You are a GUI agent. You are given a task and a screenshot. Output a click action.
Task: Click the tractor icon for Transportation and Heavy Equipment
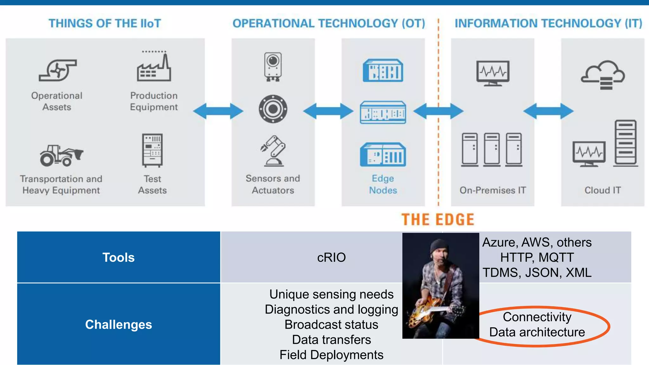[61, 155]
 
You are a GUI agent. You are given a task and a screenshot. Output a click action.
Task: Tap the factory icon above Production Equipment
[154, 67]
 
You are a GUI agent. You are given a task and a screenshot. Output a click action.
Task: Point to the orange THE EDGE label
[438, 220]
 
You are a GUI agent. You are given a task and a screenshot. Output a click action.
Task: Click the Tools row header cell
[119, 257]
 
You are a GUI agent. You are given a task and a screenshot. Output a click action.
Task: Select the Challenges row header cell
[119, 324]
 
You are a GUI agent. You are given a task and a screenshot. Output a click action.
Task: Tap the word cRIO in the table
[331, 257]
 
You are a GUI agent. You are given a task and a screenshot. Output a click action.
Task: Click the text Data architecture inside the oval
[537, 332]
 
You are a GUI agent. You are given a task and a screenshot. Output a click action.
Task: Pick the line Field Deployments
[331, 355]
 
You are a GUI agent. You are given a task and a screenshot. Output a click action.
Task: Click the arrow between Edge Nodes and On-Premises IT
[438, 111]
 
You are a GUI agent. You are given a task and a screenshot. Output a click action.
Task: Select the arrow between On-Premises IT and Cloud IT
[548, 111]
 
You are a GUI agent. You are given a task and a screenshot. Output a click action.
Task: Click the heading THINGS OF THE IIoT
[105, 23]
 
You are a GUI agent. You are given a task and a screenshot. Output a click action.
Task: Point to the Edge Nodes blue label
[383, 184]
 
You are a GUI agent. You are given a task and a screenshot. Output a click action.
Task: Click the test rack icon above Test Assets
[152, 150]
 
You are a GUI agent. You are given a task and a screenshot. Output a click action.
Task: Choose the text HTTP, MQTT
[537, 257]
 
